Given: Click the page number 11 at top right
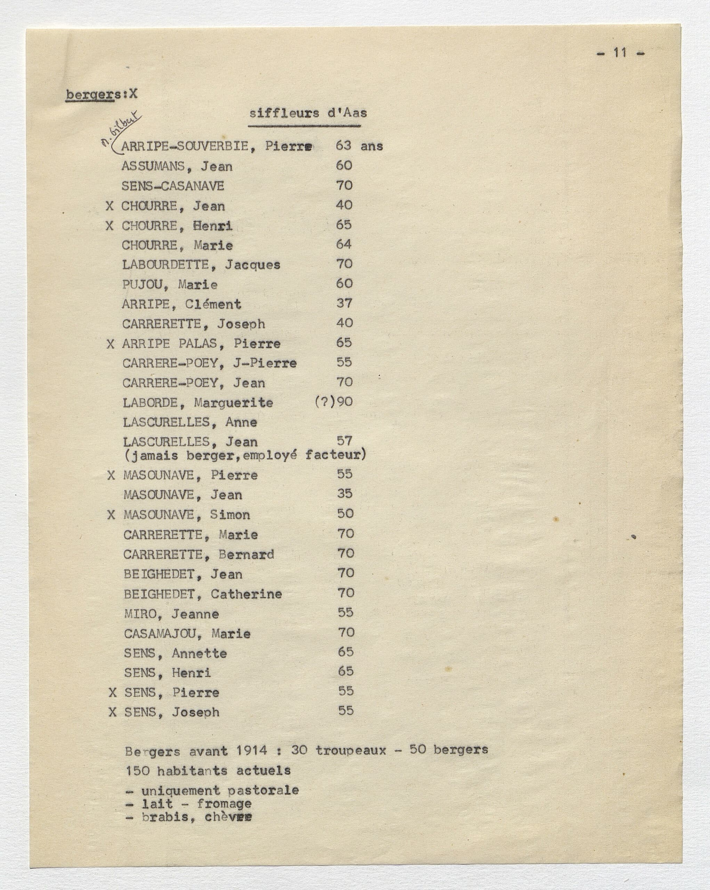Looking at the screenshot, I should click(620, 53).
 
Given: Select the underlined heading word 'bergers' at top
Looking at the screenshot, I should click(90, 95).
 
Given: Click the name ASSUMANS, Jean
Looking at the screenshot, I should click(177, 167).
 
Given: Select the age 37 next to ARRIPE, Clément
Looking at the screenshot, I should click(344, 304).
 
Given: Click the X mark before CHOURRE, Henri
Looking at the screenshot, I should click(110, 226).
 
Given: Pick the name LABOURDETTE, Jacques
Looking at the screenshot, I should click(201, 265).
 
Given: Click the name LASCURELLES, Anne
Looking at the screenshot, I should click(190, 422).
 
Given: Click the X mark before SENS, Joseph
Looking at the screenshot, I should click(112, 712).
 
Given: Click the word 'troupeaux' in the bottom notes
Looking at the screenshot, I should click(351, 751).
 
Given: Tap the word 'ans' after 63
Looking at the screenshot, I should click(371, 146).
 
